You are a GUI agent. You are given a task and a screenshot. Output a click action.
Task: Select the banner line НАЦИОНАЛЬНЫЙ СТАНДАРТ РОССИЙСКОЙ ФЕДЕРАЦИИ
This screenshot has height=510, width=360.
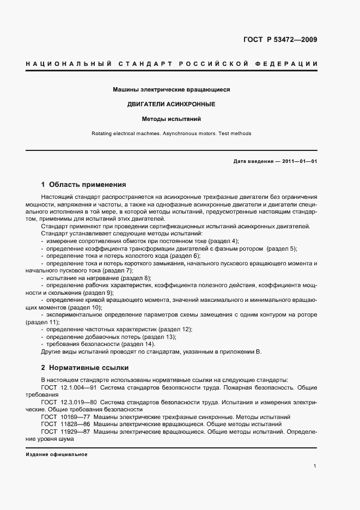tap(172, 64)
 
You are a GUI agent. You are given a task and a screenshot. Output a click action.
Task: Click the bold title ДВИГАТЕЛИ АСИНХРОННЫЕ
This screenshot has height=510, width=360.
tap(172, 104)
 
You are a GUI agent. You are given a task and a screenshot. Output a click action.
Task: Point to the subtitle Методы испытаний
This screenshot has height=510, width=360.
tap(172, 118)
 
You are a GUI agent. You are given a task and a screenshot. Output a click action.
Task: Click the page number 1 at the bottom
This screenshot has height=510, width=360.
tap(315, 466)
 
